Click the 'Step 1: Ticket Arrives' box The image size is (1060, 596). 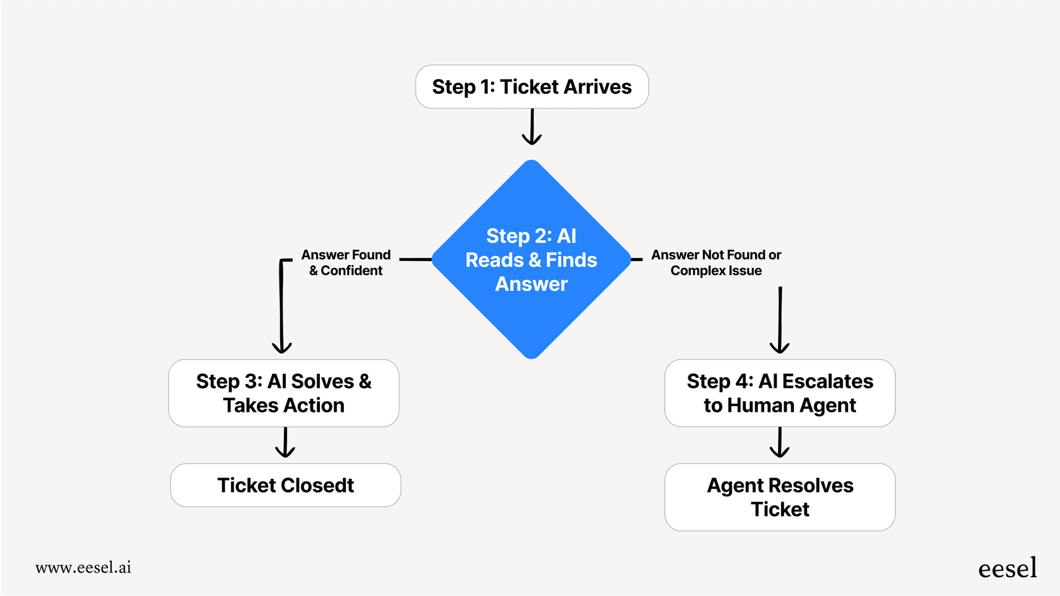point(532,86)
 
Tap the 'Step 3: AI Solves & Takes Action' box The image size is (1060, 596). point(284,393)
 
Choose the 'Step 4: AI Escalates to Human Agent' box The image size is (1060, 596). point(780,393)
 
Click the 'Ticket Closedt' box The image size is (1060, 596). point(285,485)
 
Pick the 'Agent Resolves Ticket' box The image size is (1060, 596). point(780,497)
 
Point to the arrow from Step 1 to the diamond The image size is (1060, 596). point(532,127)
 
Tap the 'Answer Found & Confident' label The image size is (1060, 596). point(346,262)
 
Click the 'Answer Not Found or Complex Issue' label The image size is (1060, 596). point(716,262)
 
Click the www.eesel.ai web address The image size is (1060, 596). point(83,568)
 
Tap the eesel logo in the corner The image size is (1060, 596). point(1007,568)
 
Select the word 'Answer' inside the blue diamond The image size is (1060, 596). point(531,284)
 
